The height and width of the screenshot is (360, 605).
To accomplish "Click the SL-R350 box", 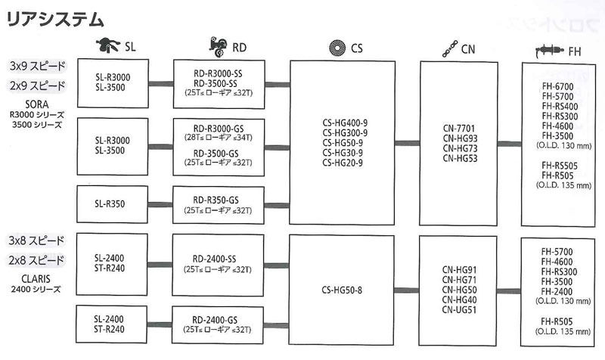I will click(112, 203).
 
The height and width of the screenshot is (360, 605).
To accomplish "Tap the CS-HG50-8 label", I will click(343, 289).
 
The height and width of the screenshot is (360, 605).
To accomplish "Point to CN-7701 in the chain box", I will click(460, 128).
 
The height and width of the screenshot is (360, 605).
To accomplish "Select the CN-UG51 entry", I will click(459, 309).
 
